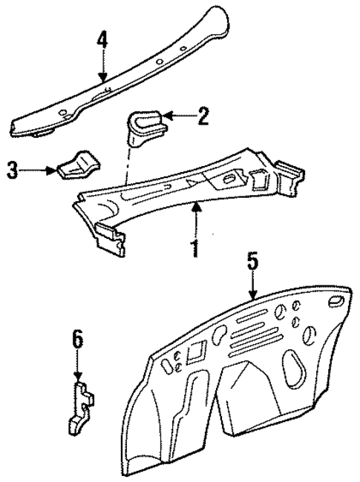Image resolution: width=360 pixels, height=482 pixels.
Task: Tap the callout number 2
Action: coord(202,115)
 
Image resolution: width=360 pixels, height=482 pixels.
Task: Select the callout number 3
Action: coord(12,171)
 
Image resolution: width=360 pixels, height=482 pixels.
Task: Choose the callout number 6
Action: coord(78,342)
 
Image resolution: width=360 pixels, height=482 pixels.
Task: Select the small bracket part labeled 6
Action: coord(81,405)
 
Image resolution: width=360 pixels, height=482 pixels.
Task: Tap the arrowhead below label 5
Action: coord(253,297)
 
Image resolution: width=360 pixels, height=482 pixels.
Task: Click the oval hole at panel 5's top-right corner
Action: coord(333,300)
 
